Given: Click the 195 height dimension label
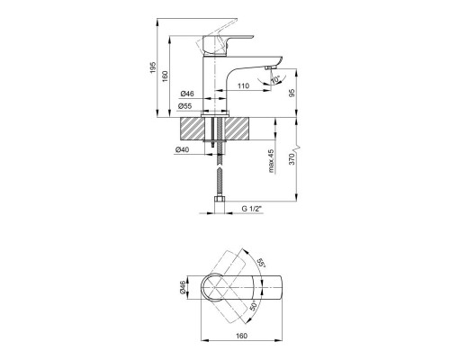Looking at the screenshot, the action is [153, 67].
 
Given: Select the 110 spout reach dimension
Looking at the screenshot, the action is [243, 86].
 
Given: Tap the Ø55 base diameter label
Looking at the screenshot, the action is [184, 106].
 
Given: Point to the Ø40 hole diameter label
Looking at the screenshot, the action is [182, 149].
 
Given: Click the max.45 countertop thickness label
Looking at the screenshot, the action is [272, 161].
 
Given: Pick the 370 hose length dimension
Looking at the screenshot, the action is [292, 158].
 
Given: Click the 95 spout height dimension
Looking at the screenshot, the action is [292, 93].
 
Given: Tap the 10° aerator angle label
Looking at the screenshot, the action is [275, 80].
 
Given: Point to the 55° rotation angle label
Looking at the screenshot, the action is [262, 263].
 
